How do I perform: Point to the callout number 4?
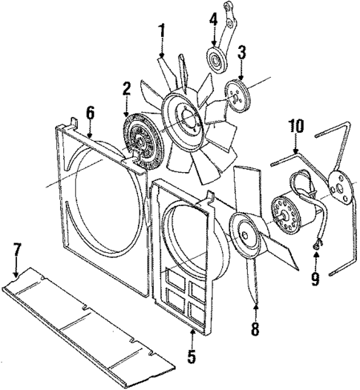pyautogui.click(x=213, y=20)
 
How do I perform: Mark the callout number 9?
pyautogui.click(x=315, y=278)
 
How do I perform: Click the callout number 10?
pyautogui.click(x=295, y=127)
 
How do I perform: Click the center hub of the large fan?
pyautogui.click(x=183, y=116)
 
